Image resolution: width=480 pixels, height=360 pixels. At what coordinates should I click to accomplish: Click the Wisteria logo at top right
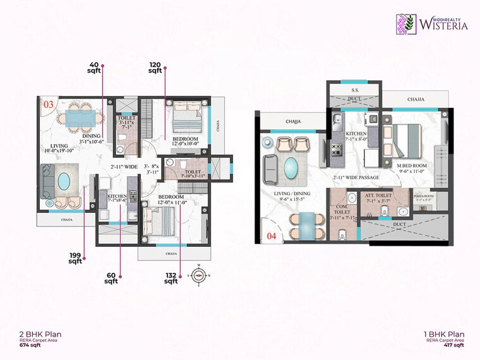pos(433,23)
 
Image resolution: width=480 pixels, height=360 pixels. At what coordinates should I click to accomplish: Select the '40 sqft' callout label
pos(95,68)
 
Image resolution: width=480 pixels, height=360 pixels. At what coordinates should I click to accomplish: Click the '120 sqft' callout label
pos(155,68)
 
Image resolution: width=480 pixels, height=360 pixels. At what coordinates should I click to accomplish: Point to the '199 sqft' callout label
pos(76,258)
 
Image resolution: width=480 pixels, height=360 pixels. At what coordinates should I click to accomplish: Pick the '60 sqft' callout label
pos(111,279)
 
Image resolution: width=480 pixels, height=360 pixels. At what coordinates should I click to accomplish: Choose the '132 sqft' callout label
pos(171,279)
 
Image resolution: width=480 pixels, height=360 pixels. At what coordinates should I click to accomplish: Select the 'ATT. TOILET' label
pos(378,196)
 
